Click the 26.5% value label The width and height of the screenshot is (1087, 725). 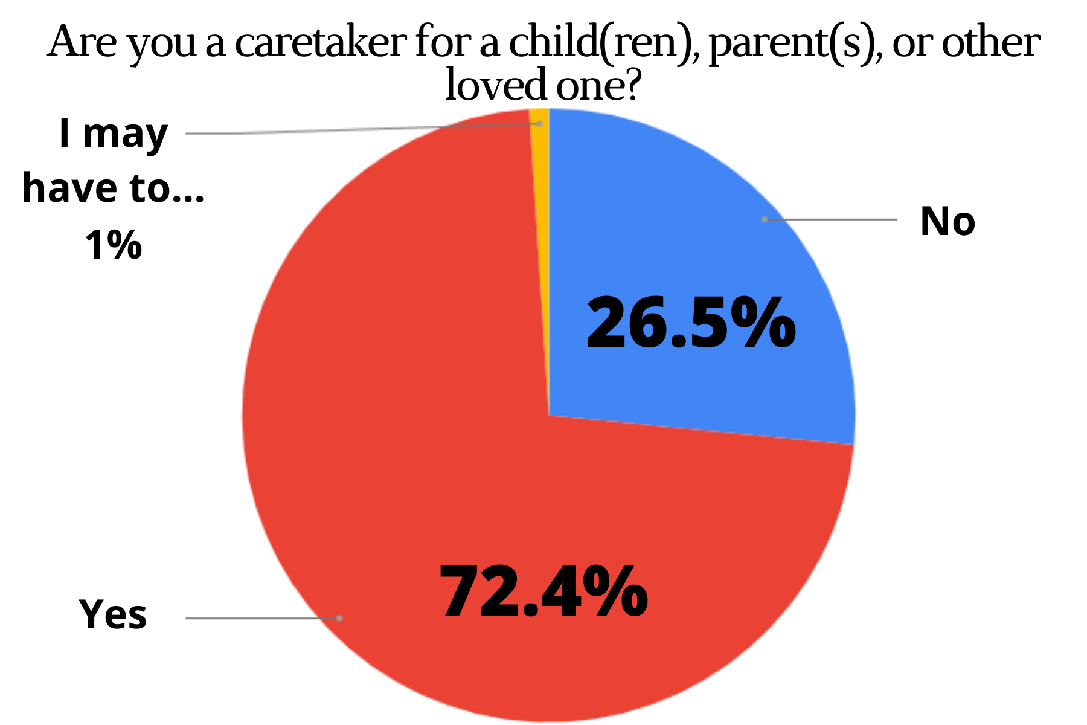point(691,324)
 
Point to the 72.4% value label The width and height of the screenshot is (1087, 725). point(543,592)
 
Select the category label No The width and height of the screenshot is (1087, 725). point(947,221)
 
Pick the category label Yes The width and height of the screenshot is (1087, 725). point(113,614)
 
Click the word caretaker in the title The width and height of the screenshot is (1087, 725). point(320,43)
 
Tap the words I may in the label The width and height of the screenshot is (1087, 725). point(113,134)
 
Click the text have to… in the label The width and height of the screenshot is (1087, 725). point(113,188)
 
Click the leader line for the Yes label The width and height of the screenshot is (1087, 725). point(260,618)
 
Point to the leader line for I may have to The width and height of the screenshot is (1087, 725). point(362,129)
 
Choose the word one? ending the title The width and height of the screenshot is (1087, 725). point(598,86)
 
